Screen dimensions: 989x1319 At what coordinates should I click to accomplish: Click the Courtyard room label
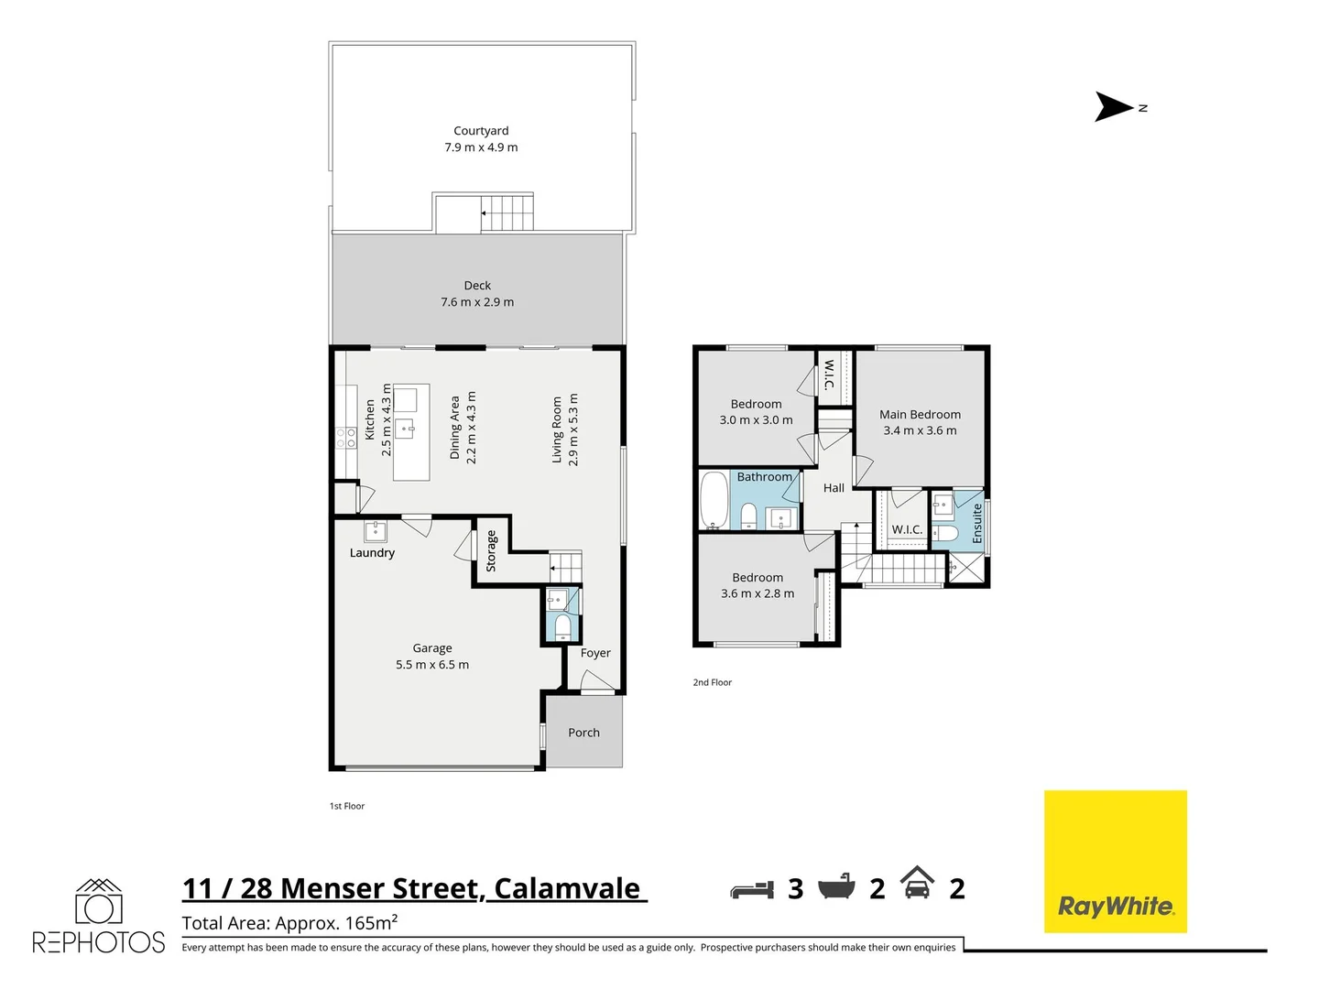pos(481,131)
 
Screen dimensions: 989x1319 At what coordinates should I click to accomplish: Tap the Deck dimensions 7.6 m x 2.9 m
pos(477,302)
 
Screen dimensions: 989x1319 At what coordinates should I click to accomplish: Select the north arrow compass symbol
pos(1116,107)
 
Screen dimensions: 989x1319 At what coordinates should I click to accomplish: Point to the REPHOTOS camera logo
pos(98,903)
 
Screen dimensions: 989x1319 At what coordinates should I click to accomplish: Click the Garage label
pos(432,648)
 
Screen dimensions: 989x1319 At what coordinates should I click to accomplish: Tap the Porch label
pos(583,733)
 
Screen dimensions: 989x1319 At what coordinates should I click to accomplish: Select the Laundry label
pos(372,553)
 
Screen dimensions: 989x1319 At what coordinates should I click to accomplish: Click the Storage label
pos(491,550)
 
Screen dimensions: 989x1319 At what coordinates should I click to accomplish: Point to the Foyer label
pos(595,653)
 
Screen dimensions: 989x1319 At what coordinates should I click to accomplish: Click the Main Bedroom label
pos(920,415)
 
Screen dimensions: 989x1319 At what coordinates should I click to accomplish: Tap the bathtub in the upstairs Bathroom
pos(714,500)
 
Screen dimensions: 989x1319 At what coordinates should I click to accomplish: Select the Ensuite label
pos(977,523)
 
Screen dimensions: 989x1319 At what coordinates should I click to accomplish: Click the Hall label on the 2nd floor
pos(834,488)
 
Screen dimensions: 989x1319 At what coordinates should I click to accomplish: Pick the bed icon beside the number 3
pos(753,889)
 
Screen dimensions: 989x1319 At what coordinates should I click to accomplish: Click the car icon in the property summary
pos(917,884)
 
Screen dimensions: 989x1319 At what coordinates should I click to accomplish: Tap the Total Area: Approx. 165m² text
pos(289,922)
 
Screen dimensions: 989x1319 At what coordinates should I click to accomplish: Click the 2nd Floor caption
pos(712,682)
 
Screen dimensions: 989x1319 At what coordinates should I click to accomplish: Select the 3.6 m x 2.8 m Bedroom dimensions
pos(758,593)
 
